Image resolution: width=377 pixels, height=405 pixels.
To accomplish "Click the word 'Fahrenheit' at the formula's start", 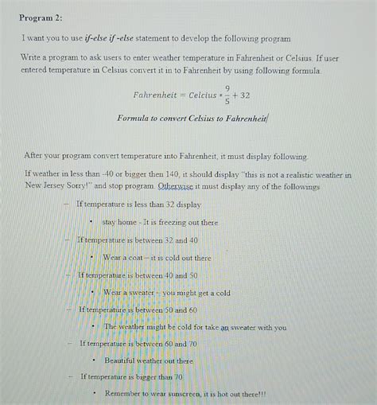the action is tap(156, 95).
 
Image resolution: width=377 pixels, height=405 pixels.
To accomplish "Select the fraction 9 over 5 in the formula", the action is tap(227, 95).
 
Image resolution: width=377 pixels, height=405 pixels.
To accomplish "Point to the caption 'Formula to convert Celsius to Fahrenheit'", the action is tap(193, 119).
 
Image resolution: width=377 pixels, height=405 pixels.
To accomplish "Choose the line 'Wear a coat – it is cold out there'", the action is tap(157, 258).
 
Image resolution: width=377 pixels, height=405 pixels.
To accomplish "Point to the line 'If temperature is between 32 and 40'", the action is tap(137, 240).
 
